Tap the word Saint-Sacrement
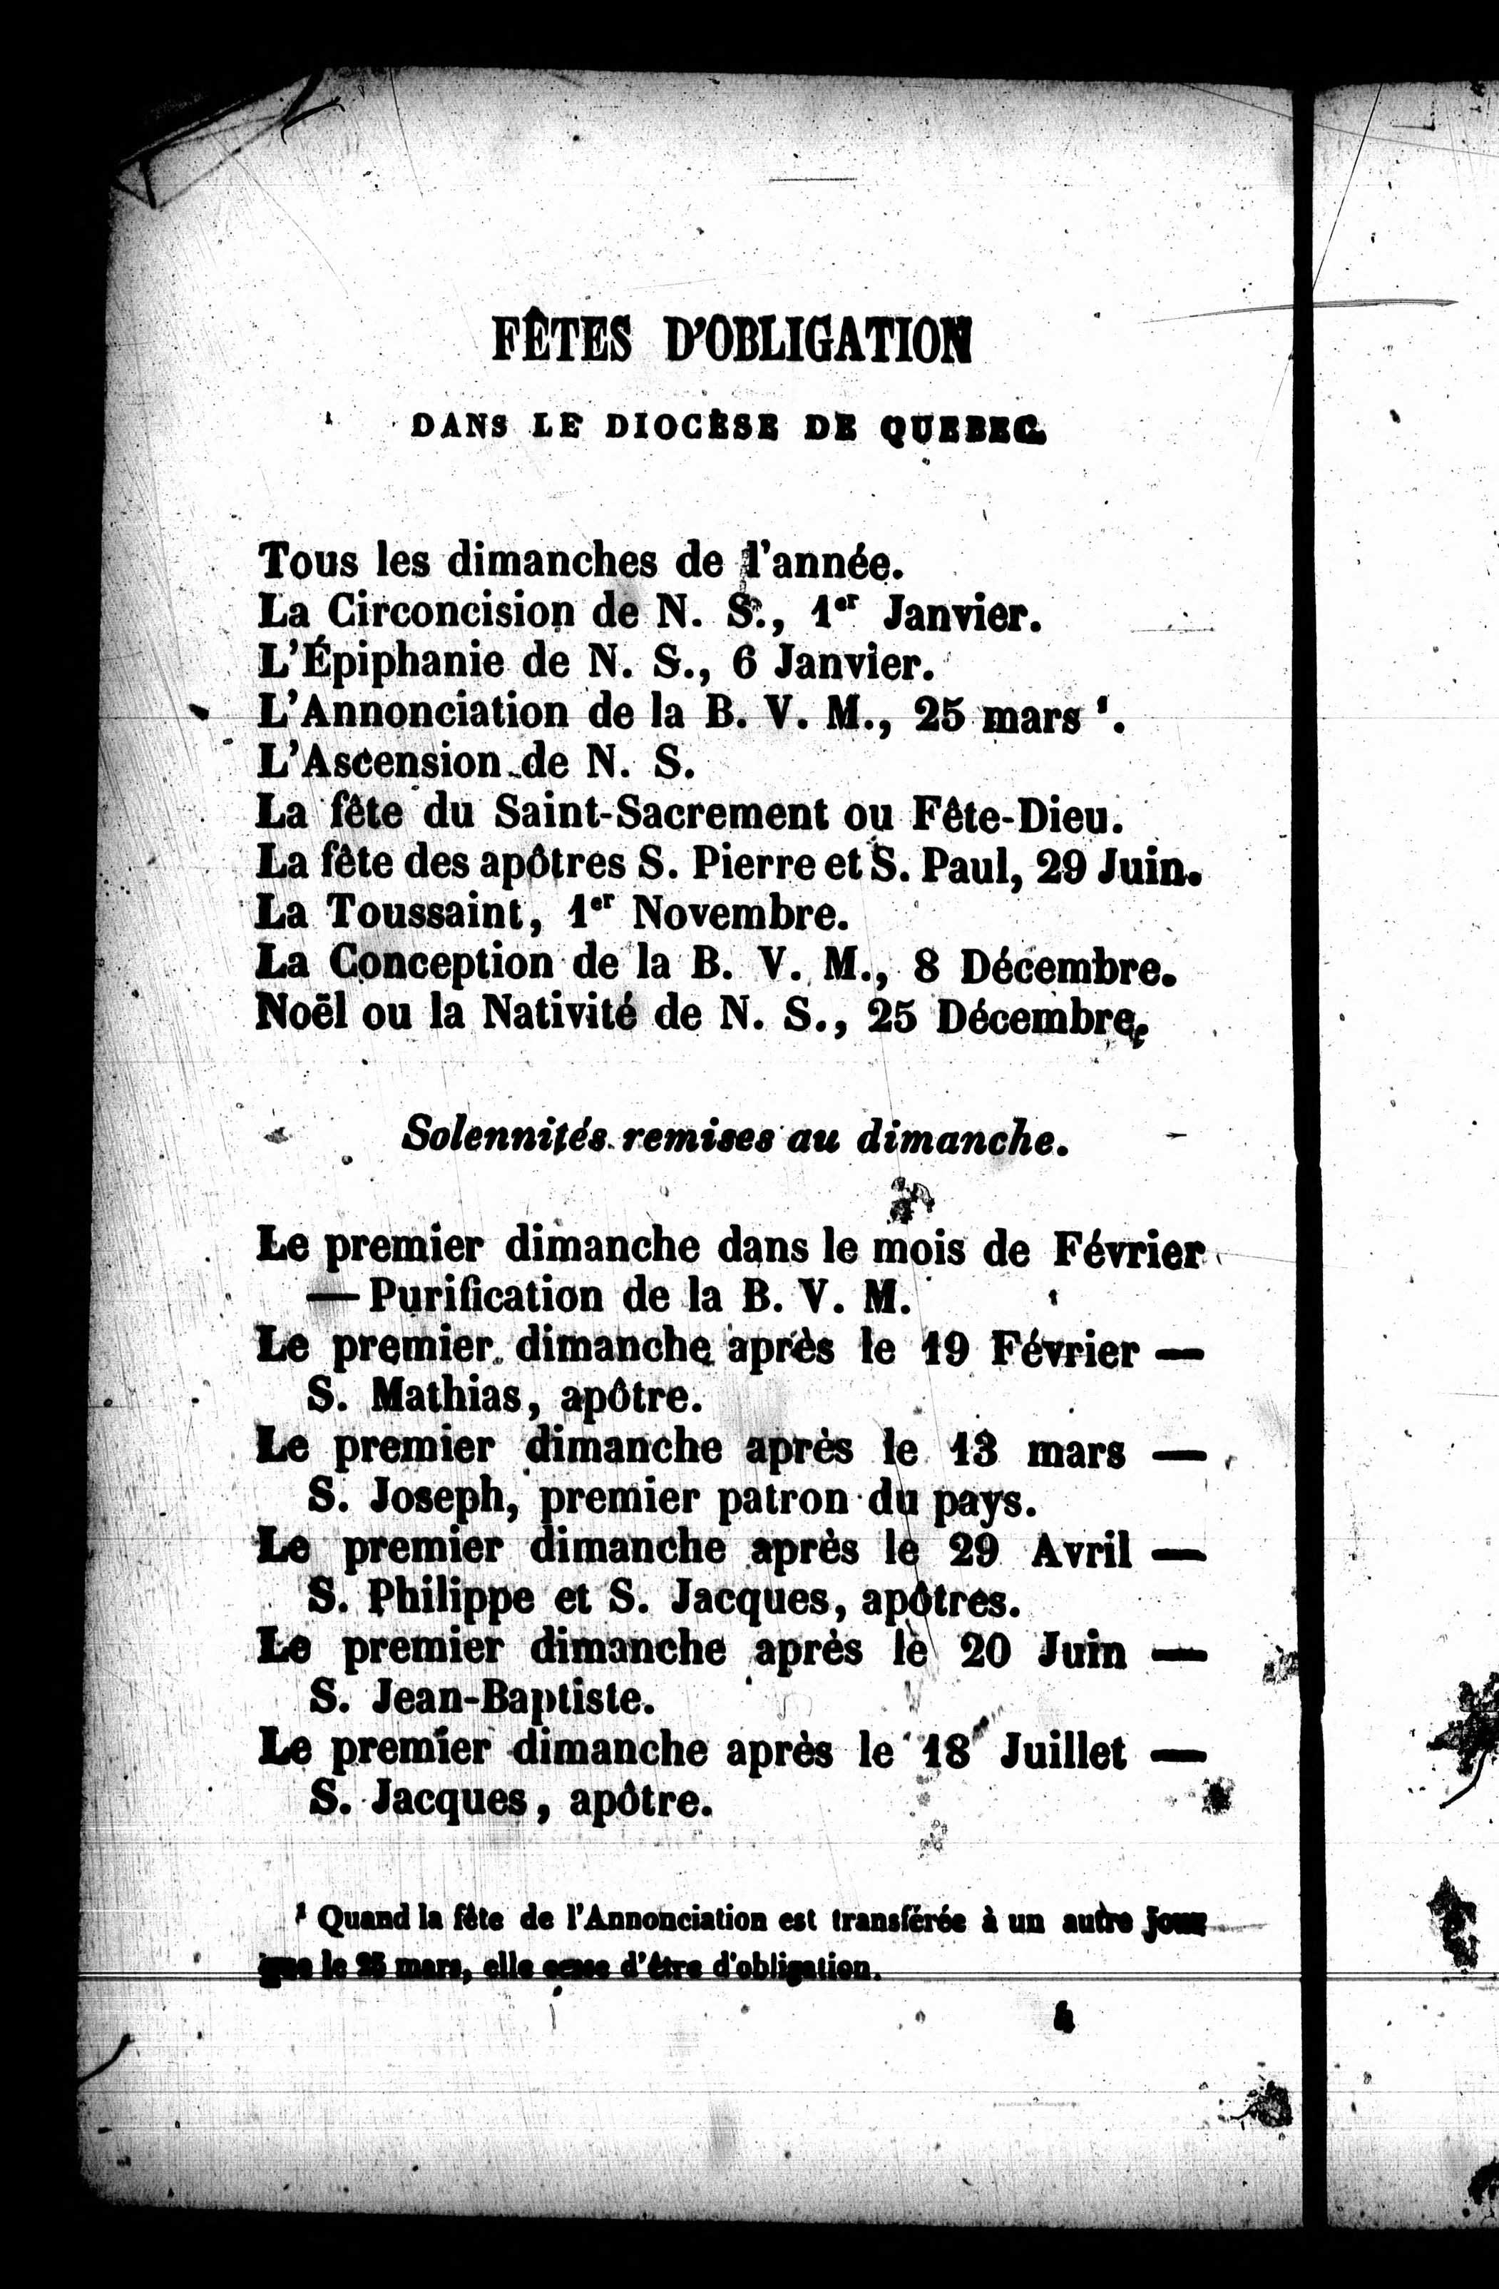coord(660,813)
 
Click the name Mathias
coord(445,1396)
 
